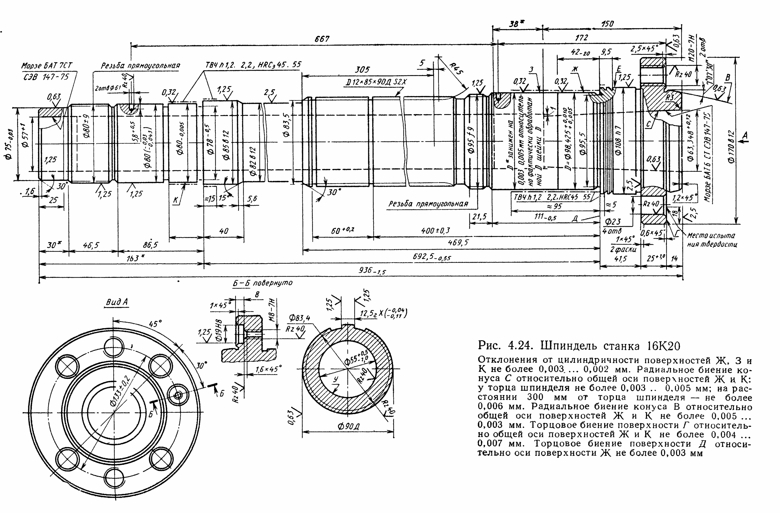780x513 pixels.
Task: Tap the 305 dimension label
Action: pos(362,70)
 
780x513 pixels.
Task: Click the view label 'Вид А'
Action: pos(117,302)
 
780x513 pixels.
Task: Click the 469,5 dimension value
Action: pos(458,242)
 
